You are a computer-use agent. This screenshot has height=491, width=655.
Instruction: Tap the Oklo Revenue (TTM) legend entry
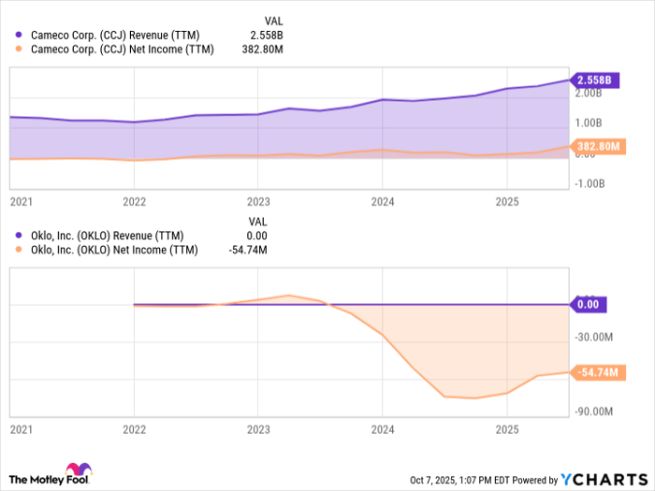coord(108,235)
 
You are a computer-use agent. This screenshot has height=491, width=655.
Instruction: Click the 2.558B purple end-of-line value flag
coord(595,80)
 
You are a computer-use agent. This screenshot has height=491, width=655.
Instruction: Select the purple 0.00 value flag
coord(589,304)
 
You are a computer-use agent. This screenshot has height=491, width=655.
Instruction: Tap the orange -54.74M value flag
coord(597,372)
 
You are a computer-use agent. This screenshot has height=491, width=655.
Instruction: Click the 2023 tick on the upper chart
coord(258,201)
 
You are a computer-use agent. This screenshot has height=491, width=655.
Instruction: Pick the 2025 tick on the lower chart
coord(506,430)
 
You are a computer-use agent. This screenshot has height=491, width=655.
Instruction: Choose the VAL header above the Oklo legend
coord(257,222)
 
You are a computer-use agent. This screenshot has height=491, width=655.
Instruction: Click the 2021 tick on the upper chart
coord(20,201)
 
